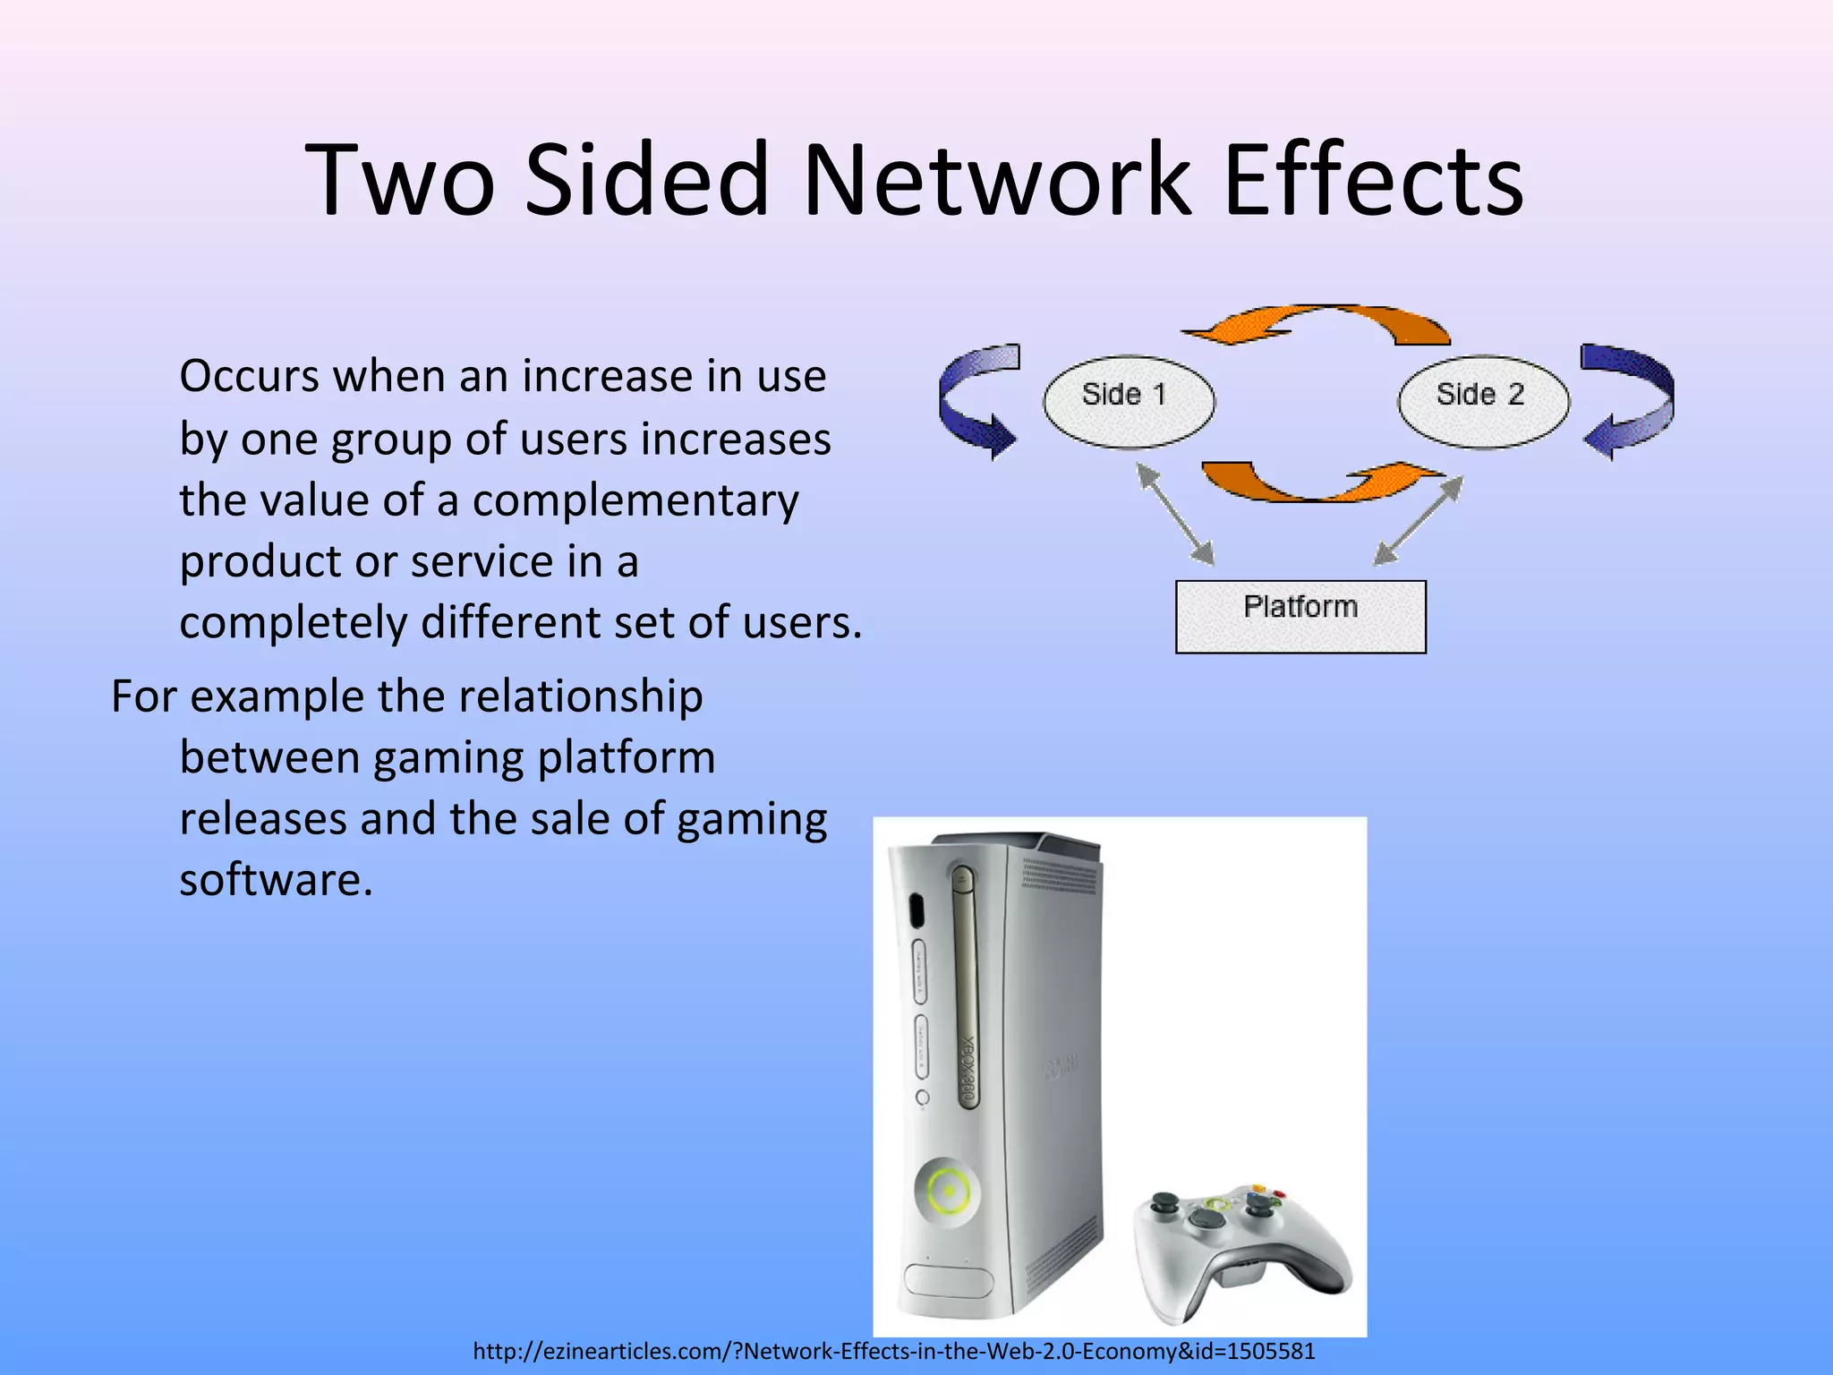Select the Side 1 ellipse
(x=1129, y=401)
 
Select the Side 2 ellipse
(x=1483, y=401)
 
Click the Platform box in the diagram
(x=1300, y=616)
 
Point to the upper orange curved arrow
(x=1316, y=324)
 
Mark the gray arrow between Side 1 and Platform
(x=1175, y=514)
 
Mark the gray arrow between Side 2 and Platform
(x=1419, y=520)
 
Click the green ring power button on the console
(x=947, y=1191)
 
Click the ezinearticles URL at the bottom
(x=893, y=1351)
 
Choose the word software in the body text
(x=276, y=880)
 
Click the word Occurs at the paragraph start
(x=249, y=376)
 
